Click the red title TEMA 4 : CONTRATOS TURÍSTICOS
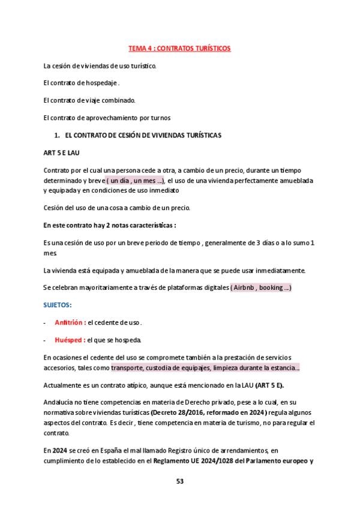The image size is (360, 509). click(x=179, y=47)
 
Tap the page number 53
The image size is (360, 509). click(x=179, y=481)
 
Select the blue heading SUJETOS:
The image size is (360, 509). click(x=58, y=305)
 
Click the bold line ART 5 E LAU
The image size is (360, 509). click(x=62, y=152)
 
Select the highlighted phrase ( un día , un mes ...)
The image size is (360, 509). click(x=135, y=181)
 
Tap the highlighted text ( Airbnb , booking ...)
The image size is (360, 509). click(x=261, y=288)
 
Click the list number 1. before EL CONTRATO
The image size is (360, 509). click(x=57, y=135)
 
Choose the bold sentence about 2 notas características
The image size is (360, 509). click(x=109, y=225)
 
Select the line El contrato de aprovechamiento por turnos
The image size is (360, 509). click(x=107, y=117)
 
